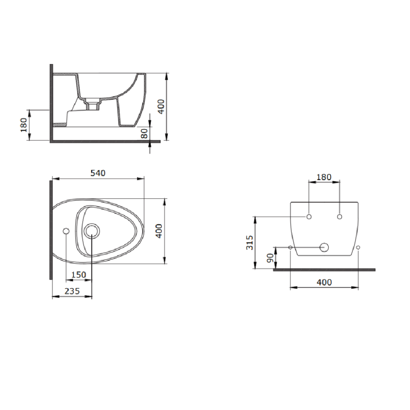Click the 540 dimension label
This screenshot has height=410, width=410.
pos(98,173)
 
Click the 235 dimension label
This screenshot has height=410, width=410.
pos(72,291)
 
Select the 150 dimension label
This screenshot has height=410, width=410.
pos(79,275)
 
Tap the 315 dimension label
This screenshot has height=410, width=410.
pos(250,242)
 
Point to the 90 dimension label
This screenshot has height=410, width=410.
pos(270,258)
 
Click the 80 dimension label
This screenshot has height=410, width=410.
pos(144,133)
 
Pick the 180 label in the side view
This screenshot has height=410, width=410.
pos(23,125)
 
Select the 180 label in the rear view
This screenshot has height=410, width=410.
pos(324,177)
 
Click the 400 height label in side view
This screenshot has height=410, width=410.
pos(161,107)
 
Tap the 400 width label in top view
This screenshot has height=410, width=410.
pos(159,231)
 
